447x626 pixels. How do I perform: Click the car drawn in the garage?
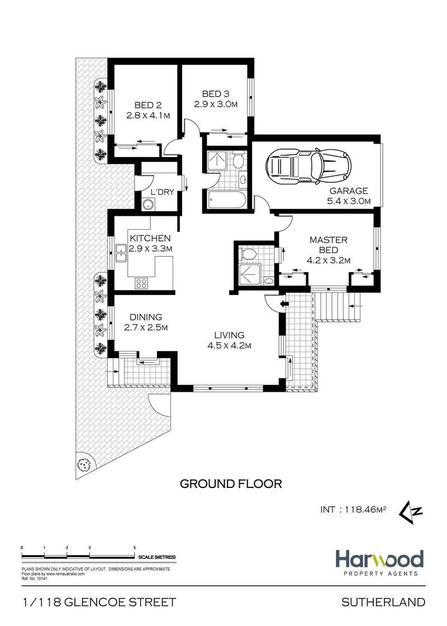(x=309, y=167)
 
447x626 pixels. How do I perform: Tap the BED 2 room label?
(x=148, y=106)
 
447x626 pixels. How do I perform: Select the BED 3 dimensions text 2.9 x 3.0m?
(x=216, y=104)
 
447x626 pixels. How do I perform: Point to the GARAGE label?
(x=349, y=191)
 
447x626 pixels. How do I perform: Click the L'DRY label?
(x=162, y=192)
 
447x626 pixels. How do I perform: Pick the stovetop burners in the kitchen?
(x=141, y=283)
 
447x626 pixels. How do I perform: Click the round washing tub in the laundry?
(x=148, y=205)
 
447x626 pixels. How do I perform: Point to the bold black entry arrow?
(x=284, y=304)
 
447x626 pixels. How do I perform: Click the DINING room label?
(x=146, y=317)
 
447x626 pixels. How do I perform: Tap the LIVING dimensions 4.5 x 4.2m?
(x=229, y=346)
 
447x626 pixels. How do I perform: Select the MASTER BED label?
(x=329, y=245)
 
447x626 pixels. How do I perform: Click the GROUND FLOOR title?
(x=231, y=484)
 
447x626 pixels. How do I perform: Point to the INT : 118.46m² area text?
(x=353, y=509)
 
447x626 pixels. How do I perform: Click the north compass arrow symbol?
(x=411, y=511)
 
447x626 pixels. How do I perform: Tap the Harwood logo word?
(x=379, y=559)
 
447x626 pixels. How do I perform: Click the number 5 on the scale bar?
(x=135, y=547)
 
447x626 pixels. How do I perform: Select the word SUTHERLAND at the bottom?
(x=383, y=602)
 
